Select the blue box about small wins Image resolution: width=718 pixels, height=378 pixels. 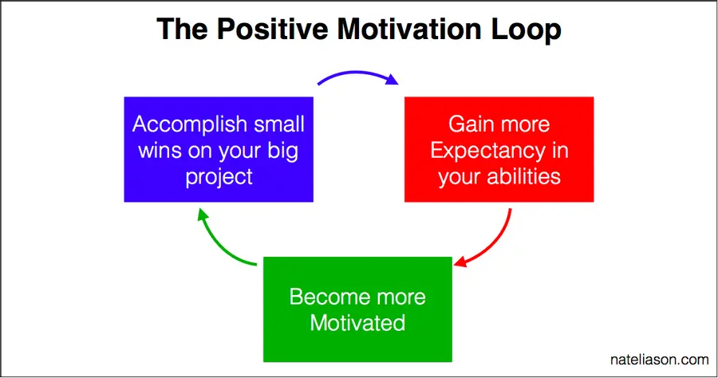(x=219, y=149)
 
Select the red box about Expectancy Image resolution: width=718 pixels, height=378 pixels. (x=499, y=149)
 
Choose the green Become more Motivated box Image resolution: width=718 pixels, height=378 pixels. (x=357, y=309)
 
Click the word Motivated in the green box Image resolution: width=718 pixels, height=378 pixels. (x=357, y=323)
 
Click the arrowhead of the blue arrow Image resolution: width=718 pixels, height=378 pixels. (x=392, y=80)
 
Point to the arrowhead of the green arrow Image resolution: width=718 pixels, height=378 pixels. (x=202, y=215)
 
